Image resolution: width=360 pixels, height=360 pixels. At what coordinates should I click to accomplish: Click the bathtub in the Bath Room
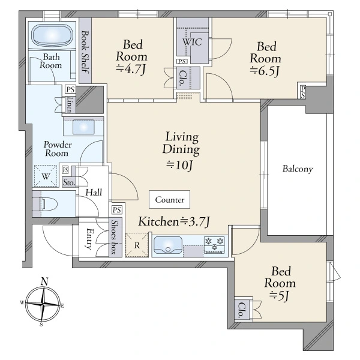[52, 36]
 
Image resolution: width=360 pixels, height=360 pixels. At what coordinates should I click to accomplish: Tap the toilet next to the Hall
[49, 203]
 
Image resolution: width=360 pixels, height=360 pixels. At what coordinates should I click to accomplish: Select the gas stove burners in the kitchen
[215, 245]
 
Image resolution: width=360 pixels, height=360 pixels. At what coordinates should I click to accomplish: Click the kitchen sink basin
[168, 245]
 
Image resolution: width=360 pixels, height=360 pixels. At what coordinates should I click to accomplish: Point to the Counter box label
[170, 200]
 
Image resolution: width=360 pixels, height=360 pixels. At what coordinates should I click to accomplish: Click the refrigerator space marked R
[137, 245]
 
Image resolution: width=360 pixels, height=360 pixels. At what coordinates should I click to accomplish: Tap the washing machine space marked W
[46, 176]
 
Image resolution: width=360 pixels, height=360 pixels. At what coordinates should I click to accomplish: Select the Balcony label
[298, 169]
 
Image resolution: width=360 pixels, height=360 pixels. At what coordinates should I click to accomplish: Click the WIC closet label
[192, 42]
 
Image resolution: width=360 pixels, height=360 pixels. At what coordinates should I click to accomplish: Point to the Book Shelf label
[85, 52]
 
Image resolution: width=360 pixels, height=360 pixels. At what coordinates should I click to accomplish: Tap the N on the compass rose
[44, 281]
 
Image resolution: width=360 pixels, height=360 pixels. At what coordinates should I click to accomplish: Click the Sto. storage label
[69, 182]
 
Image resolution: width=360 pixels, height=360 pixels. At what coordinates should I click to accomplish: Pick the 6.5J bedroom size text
[265, 71]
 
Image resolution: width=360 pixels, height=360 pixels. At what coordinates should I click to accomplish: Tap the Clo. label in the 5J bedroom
[242, 310]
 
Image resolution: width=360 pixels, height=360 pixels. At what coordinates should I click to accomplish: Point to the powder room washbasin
[83, 127]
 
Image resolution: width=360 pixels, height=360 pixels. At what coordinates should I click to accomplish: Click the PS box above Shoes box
[117, 210]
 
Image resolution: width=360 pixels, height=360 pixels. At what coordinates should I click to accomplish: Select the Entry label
[89, 239]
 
